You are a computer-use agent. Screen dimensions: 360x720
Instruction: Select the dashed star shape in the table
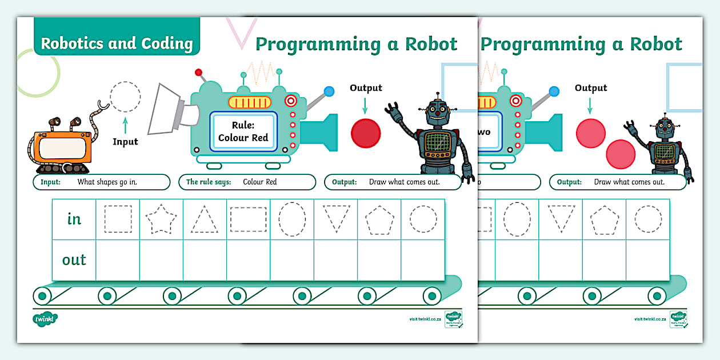pyautogui.click(x=162, y=219)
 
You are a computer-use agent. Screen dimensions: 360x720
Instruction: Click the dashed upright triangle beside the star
pyautogui.click(x=205, y=219)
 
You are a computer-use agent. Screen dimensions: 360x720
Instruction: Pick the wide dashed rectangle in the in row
pyautogui.click(x=249, y=219)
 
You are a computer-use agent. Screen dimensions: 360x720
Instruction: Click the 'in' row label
pyautogui.click(x=74, y=219)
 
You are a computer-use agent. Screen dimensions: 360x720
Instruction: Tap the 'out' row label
pyautogui.click(x=74, y=260)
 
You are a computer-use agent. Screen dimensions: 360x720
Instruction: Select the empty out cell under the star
pyautogui.click(x=162, y=261)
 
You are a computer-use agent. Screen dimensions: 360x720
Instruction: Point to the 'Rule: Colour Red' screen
pyautogui.click(x=243, y=131)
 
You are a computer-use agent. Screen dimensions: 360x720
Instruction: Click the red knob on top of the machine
pyautogui.click(x=199, y=73)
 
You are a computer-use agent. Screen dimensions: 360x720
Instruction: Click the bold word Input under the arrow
pyautogui.click(x=125, y=142)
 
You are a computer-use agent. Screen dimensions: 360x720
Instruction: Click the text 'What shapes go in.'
pyautogui.click(x=107, y=182)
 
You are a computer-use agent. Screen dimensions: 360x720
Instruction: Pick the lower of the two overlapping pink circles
pyautogui.click(x=621, y=154)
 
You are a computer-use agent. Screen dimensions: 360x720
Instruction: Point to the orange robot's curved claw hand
pyautogui.click(x=102, y=106)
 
